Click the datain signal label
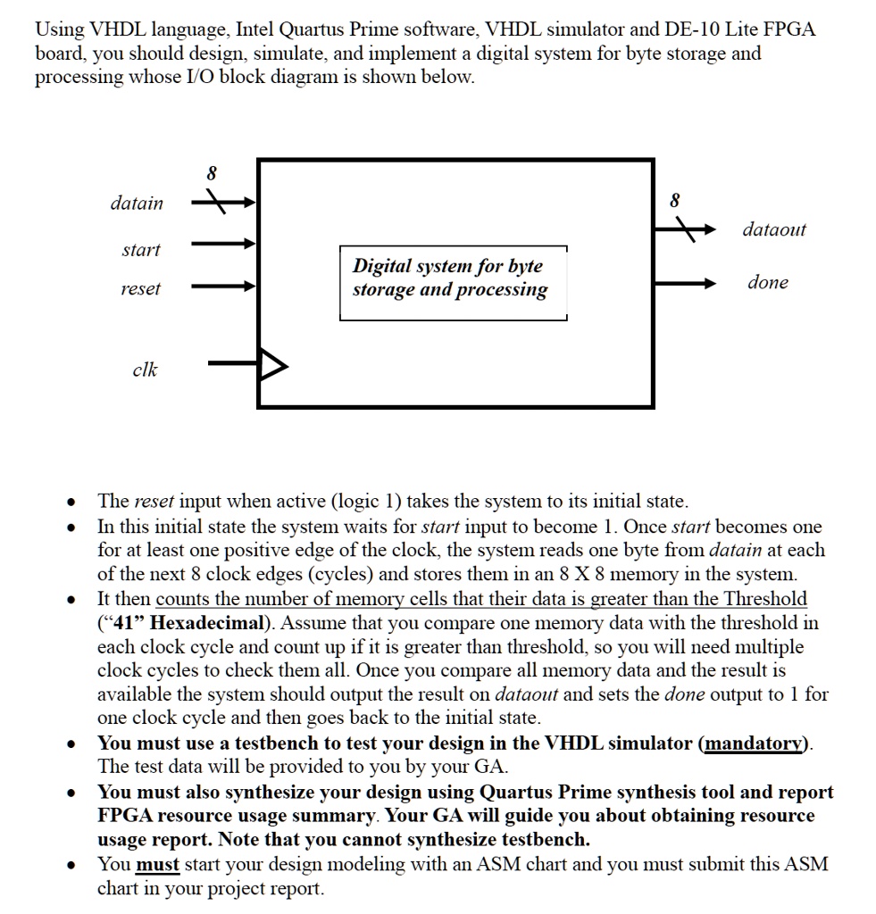[137, 204]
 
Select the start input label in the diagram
[141, 250]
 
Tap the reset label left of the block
[140, 288]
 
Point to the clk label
[145, 369]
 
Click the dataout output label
[773, 229]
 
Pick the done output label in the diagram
[767, 282]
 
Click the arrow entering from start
[223, 243]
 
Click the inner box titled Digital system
[453, 283]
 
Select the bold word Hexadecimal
[206, 623]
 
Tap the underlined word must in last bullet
[157, 864]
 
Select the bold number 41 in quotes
[123, 623]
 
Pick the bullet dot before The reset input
[71, 503]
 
